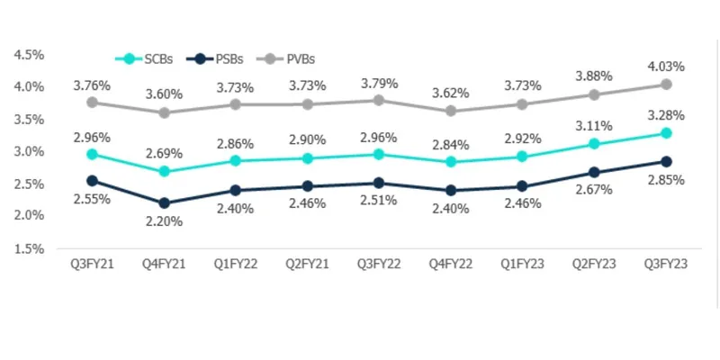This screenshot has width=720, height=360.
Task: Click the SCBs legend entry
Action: (150, 58)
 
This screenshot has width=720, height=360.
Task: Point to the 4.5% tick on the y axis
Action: (30, 54)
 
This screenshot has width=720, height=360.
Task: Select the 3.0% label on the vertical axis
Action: (30, 151)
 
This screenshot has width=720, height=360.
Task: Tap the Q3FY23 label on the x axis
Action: (666, 265)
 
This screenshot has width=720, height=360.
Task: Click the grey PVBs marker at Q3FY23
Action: (666, 85)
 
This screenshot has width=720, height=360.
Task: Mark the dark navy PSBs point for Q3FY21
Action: (93, 180)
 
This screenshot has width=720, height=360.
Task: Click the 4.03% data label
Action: (667, 66)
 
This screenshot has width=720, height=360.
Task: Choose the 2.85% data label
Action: (667, 180)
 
